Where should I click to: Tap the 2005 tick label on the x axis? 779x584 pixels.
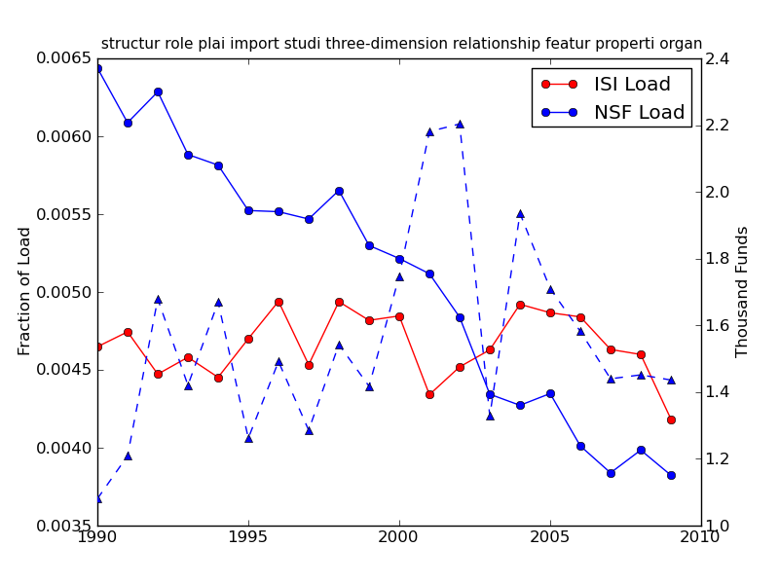pos(549,537)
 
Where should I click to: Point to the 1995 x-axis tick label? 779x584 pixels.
pos(248,537)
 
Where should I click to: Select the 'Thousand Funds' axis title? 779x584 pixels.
pos(742,291)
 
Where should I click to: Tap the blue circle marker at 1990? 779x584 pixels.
pos(97,68)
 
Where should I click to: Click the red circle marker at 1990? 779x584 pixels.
pos(97,347)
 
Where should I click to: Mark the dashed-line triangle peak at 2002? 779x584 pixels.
pos(460,124)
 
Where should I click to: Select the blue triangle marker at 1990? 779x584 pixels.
pos(97,498)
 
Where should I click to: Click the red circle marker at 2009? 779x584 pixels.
pos(671,420)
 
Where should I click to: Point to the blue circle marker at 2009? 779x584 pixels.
pos(671,475)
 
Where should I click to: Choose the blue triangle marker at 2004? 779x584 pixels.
pos(520,213)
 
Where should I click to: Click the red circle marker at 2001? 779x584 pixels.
pos(429,394)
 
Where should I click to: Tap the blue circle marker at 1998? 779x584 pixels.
pos(339,191)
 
